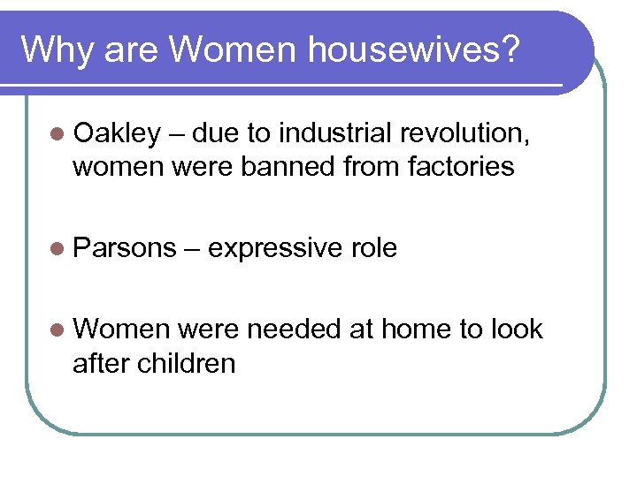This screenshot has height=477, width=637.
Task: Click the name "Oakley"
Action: click(x=118, y=134)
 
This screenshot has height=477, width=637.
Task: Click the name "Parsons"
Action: click(x=125, y=249)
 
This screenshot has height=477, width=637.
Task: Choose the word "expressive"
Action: click(x=273, y=249)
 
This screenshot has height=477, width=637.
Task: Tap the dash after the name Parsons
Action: click(x=191, y=249)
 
